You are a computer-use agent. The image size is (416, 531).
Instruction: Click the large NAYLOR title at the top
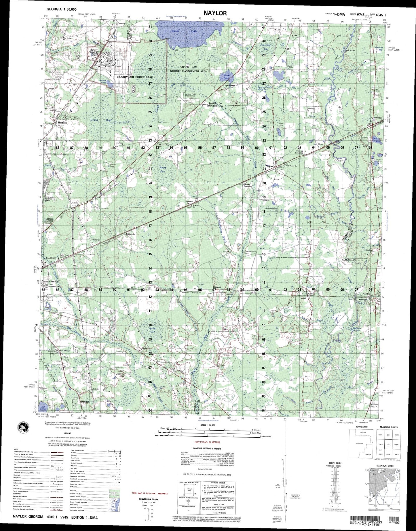coord(215,13)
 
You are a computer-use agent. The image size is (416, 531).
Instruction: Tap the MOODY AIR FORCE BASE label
coord(135,77)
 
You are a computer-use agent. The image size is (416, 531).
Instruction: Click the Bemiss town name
coord(62,122)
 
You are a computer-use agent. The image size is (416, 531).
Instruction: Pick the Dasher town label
coord(85,401)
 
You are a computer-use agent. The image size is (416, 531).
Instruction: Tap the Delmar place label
coord(189,202)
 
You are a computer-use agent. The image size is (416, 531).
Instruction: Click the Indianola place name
coord(130,234)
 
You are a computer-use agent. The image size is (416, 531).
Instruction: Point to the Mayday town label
coord(366,294)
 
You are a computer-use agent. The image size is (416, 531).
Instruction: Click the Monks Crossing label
coord(248,185)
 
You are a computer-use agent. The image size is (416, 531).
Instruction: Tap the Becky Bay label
coord(163,169)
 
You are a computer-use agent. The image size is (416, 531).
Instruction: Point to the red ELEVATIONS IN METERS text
coord(207,442)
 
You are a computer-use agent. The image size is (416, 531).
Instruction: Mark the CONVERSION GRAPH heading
coord(149,499)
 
